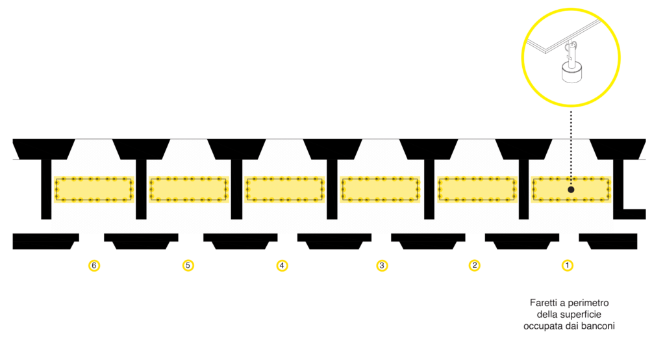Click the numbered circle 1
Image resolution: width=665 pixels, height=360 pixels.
coord(568,265)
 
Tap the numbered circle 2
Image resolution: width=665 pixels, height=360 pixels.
coord(475,265)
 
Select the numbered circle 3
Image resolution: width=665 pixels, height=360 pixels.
coord(382,265)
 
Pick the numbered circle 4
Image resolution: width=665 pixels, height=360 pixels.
coord(282,265)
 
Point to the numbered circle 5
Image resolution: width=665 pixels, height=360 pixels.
coord(188,265)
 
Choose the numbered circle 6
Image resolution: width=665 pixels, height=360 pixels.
coord(95,265)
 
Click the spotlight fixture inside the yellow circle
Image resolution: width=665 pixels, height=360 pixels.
coord(571,65)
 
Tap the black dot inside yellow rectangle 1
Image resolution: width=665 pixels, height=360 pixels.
coord(571,190)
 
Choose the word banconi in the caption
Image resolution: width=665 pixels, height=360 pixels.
coord(601,326)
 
